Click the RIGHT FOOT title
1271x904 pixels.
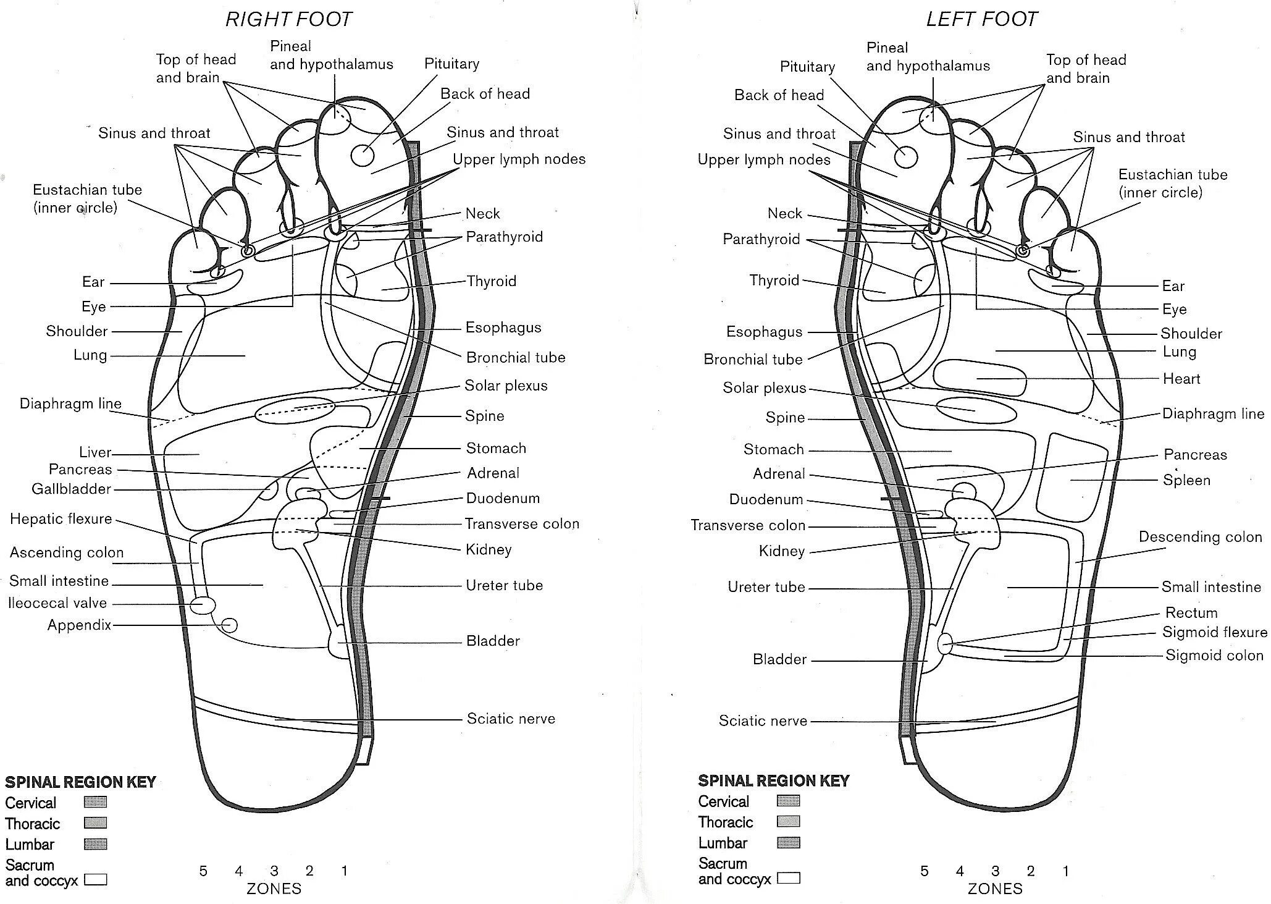point(288,19)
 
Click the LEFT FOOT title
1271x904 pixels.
point(981,19)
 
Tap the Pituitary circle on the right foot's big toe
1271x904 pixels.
point(363,156)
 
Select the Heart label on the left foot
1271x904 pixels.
point(1181,379)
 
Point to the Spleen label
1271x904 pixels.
point(1186,480)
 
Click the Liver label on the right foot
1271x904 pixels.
point(95,452)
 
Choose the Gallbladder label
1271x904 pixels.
point(71,489)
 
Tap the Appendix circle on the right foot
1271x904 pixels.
point(230,625)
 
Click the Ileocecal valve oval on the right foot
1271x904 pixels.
point(203,605)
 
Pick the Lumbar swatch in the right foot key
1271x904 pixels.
point(95,844)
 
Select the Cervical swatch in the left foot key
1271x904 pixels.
point(789,801)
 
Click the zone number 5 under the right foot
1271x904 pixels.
point(203,871)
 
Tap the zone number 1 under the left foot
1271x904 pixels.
point(1065,871)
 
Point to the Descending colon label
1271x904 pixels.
point(1200,537)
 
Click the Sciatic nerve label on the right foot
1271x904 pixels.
point(511,719)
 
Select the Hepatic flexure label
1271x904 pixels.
point(61,519)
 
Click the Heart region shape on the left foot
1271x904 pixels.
point(979,378)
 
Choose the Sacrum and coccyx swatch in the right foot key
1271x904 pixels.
point(95,879)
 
